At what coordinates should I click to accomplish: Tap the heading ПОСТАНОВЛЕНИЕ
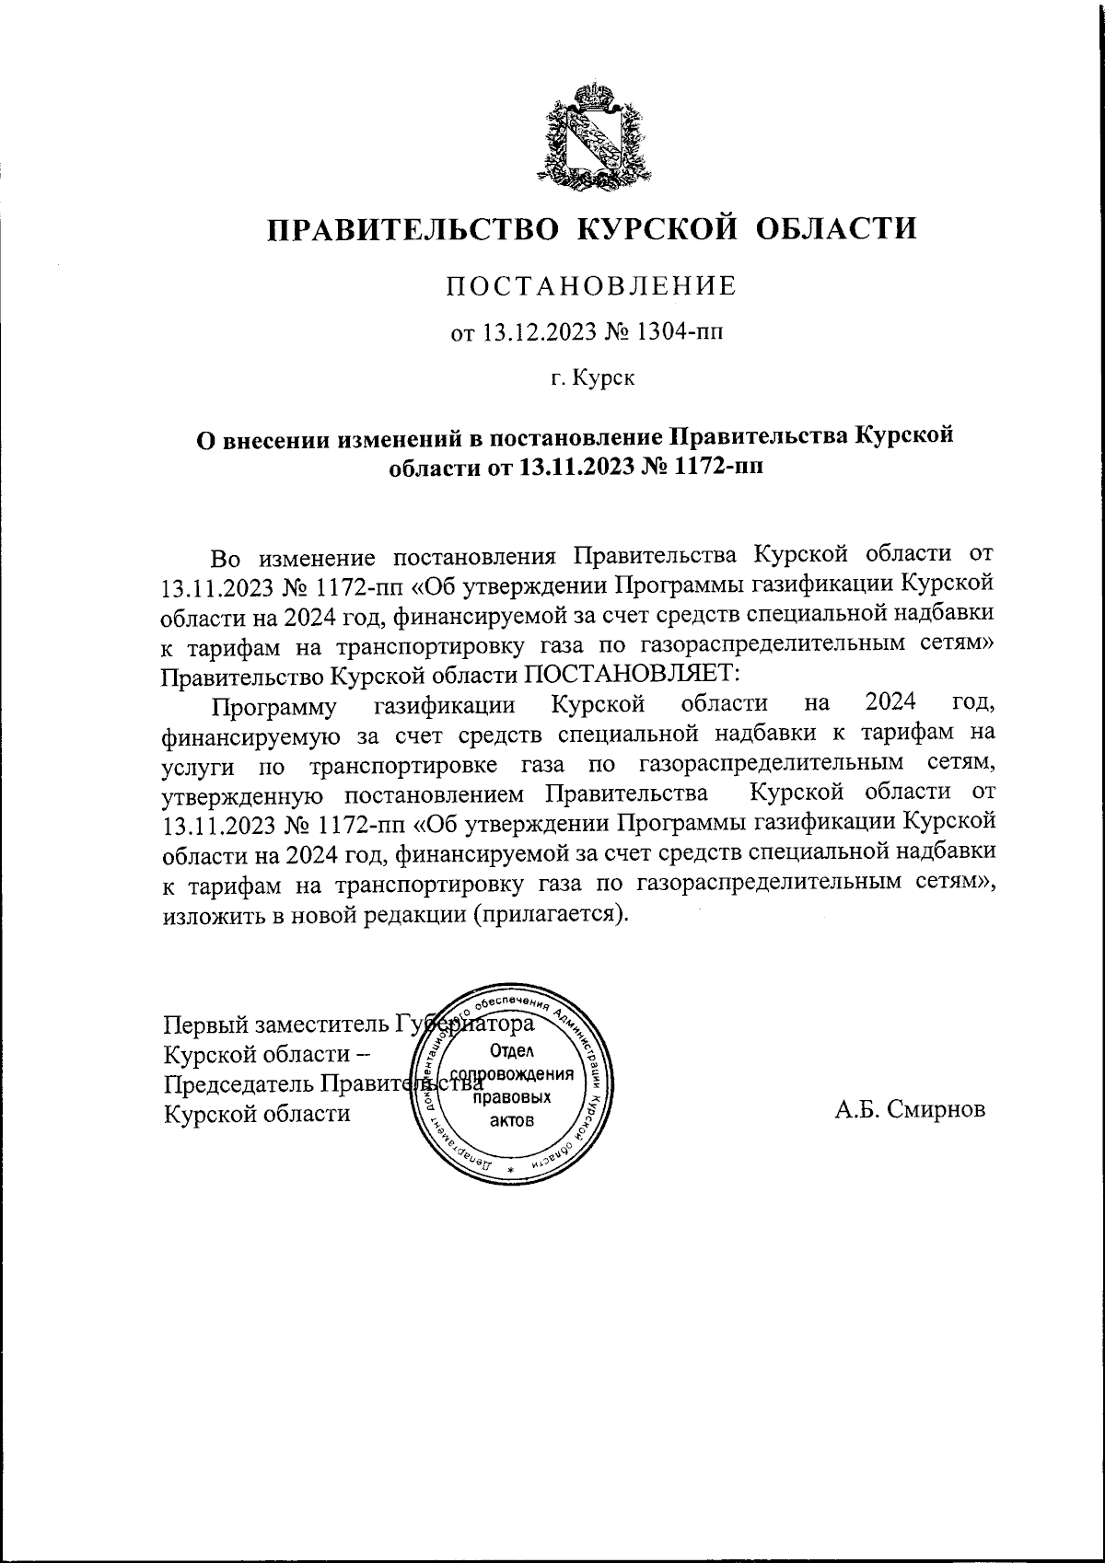[592, 286]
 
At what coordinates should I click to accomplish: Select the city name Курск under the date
[604, 376]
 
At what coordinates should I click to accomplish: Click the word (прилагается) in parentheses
[552, 915]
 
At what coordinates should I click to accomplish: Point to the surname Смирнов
[937, 1109]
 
